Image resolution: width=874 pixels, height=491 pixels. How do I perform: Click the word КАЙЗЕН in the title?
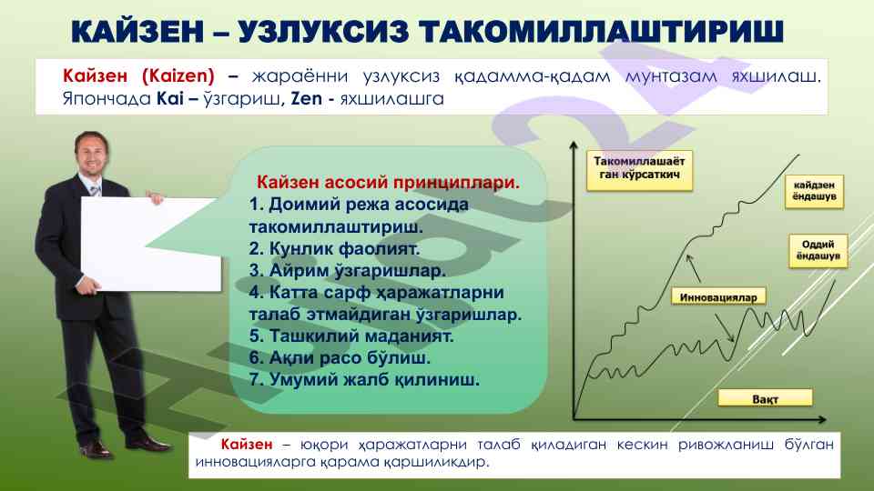click(x=137, y=31)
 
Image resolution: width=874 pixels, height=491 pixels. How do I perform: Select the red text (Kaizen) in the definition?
click(x=178, y=75)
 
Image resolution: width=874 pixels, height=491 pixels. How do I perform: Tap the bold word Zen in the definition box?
click(x=307, y=98)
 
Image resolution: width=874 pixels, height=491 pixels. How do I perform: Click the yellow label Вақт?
click(x=765, y=398)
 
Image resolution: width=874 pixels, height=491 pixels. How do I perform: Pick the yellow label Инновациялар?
click(x=718, y=296)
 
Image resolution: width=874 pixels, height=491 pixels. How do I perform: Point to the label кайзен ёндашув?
click(x=814, y=191)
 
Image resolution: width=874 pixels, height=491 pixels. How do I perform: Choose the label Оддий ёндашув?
click(x=818, y=251)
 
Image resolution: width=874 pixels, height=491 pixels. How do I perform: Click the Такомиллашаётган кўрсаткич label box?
click(x=639, y=169)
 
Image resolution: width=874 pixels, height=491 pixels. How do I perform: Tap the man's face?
click(x=92, y=153)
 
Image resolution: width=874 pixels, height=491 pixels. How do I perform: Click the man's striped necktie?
click(x=96, y=190)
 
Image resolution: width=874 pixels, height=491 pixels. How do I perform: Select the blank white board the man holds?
click(x=150, y=244)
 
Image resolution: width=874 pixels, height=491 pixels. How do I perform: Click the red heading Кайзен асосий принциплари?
click(x=388, y=182)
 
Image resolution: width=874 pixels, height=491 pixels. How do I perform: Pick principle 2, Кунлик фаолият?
click(x=334, y=248)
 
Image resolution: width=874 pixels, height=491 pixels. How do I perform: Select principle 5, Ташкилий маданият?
click(x=351, y=336)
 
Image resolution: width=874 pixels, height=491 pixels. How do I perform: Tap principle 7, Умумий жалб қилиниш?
click(x=364, y=380)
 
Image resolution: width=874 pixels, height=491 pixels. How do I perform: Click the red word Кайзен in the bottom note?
click(x=247, y=444)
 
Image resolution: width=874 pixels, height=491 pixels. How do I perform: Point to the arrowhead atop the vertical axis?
click(x=574, y=145)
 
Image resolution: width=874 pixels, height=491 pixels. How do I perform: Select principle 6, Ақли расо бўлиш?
click(x=340, y=357)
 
